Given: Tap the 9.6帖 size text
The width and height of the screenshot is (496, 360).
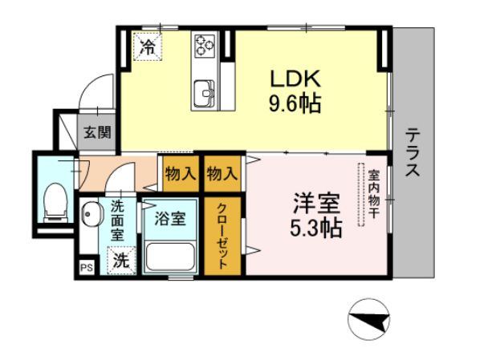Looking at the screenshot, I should (294, 104).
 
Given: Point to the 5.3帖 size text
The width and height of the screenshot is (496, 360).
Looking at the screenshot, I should (316, 229).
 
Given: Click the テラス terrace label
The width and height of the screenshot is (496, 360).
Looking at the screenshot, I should (412, 152).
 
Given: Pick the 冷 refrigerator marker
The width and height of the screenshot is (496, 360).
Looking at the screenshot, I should (147, 47).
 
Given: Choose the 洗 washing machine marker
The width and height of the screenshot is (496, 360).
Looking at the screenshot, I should (120, 260).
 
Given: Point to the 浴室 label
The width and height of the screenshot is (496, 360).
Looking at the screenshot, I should (170, 217).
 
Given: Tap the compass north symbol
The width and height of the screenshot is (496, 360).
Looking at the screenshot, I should (369, 320).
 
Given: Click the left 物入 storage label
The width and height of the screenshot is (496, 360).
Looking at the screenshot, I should (181, 172).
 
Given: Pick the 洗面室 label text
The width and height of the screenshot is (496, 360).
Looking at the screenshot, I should (118, 220).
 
